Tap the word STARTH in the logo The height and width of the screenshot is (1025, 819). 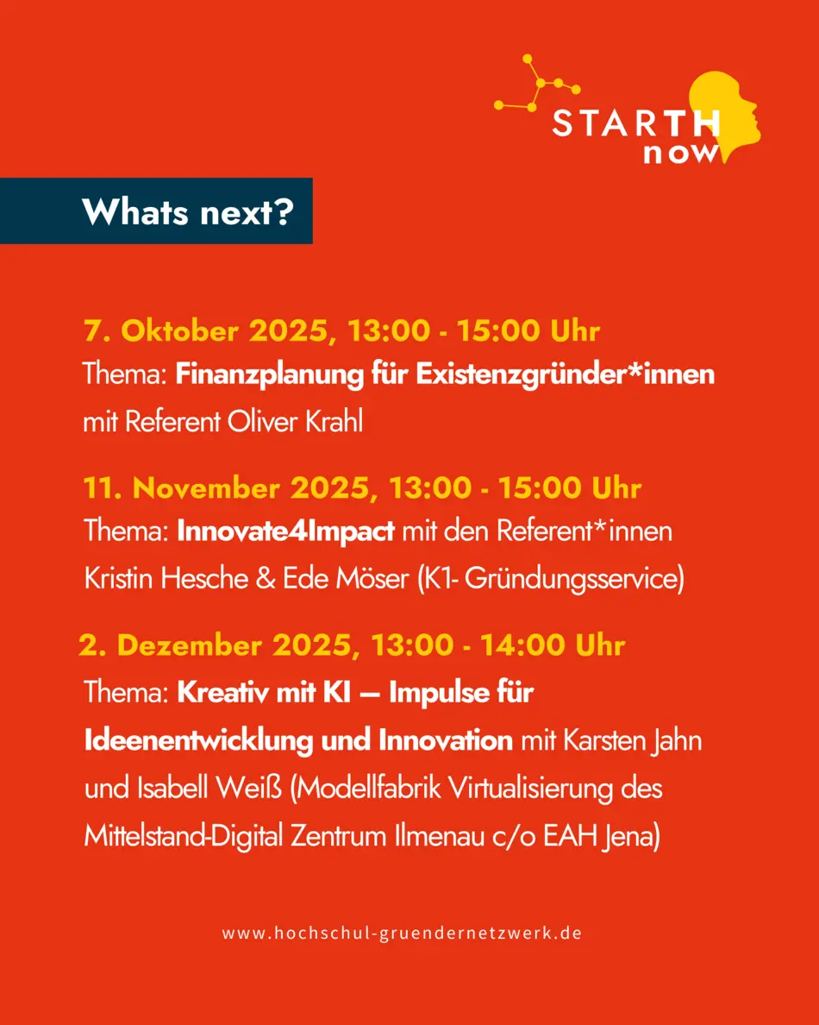(x=635, y=123)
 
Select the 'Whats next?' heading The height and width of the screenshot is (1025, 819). (x=187, y=211)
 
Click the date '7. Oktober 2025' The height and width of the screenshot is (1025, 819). (x=206, y=330)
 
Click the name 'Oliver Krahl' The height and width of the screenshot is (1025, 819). (x=295, y=422)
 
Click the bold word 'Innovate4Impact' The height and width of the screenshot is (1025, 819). (x=285, y=531)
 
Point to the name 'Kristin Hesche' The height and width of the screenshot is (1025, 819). (x=166, y=579)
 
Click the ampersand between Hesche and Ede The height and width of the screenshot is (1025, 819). (x=266, y=580)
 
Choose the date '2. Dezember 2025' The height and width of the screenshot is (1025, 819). (x=220, y=645)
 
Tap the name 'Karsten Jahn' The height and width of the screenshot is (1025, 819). (x=632, y=740)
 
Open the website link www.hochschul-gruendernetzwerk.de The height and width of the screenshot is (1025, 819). (x=402, y=933)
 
